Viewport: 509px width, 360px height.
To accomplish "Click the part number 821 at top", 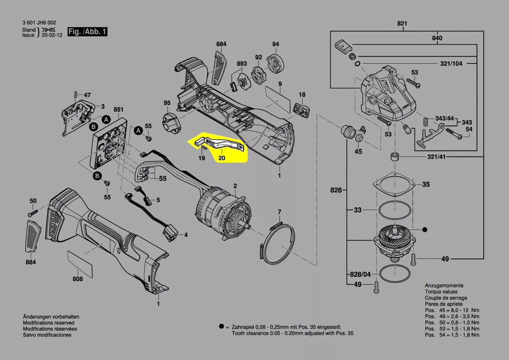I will coord(402,23).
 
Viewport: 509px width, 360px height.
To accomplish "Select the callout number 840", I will coord(437,38).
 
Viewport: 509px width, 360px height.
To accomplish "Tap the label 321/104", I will coord(451,64).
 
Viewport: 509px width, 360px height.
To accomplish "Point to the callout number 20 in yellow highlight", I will coord(222,158).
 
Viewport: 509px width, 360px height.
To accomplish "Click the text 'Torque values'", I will coord(441,292).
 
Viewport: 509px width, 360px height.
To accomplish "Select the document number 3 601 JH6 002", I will coord(39,23).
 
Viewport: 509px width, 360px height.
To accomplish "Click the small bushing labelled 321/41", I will coord(395,157).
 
